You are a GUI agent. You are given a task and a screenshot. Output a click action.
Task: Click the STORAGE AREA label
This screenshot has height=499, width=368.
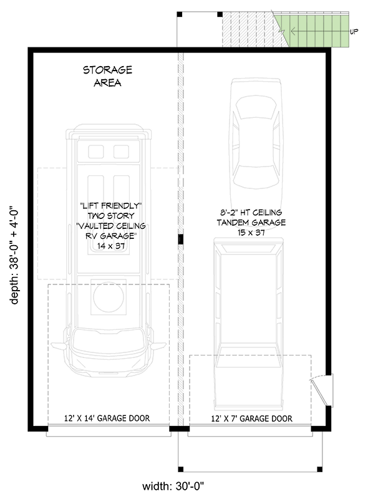click(x=108, y=76)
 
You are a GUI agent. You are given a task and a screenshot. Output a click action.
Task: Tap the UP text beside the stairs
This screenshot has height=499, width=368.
click(x=354, y=32)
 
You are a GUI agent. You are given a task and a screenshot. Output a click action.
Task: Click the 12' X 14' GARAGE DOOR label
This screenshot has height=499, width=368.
click(x=107, y=418)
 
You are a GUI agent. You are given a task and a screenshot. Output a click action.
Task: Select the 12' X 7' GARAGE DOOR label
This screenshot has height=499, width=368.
click(x=251, y=419)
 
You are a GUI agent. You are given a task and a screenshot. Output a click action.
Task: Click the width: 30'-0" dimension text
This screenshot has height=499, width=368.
click(x=173, y=486)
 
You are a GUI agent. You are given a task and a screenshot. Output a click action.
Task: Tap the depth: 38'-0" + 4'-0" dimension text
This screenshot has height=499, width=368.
click(x=14, y=256)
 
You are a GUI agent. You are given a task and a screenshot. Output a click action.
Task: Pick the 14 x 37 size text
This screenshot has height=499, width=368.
click(x=111, y=246)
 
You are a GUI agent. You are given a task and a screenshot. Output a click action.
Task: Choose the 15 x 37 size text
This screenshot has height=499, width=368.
click(x=251, y=232)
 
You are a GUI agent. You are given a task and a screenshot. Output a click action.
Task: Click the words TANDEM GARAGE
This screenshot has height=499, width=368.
click(x=251, y=223)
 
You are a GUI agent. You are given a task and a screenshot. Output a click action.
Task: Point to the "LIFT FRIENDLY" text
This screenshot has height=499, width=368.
click(x=111, y=206)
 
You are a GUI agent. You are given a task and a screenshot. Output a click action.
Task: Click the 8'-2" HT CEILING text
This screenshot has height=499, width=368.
click(x=251, y=212)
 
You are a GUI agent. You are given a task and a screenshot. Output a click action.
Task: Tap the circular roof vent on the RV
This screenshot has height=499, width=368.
click(x=109, y=297)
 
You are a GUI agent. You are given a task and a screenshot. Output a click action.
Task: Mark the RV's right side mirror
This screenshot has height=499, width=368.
click(x=158, y=346)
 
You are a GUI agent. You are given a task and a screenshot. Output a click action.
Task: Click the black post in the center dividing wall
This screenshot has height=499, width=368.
click(x=180, y=239)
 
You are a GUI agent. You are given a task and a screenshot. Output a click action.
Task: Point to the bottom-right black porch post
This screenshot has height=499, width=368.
click(x=319, y=469)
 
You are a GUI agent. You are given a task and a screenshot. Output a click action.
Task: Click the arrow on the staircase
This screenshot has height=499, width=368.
click(x=319, y=31)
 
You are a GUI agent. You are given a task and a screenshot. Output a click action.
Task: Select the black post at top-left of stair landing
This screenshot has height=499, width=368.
click(x=180, y=14)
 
